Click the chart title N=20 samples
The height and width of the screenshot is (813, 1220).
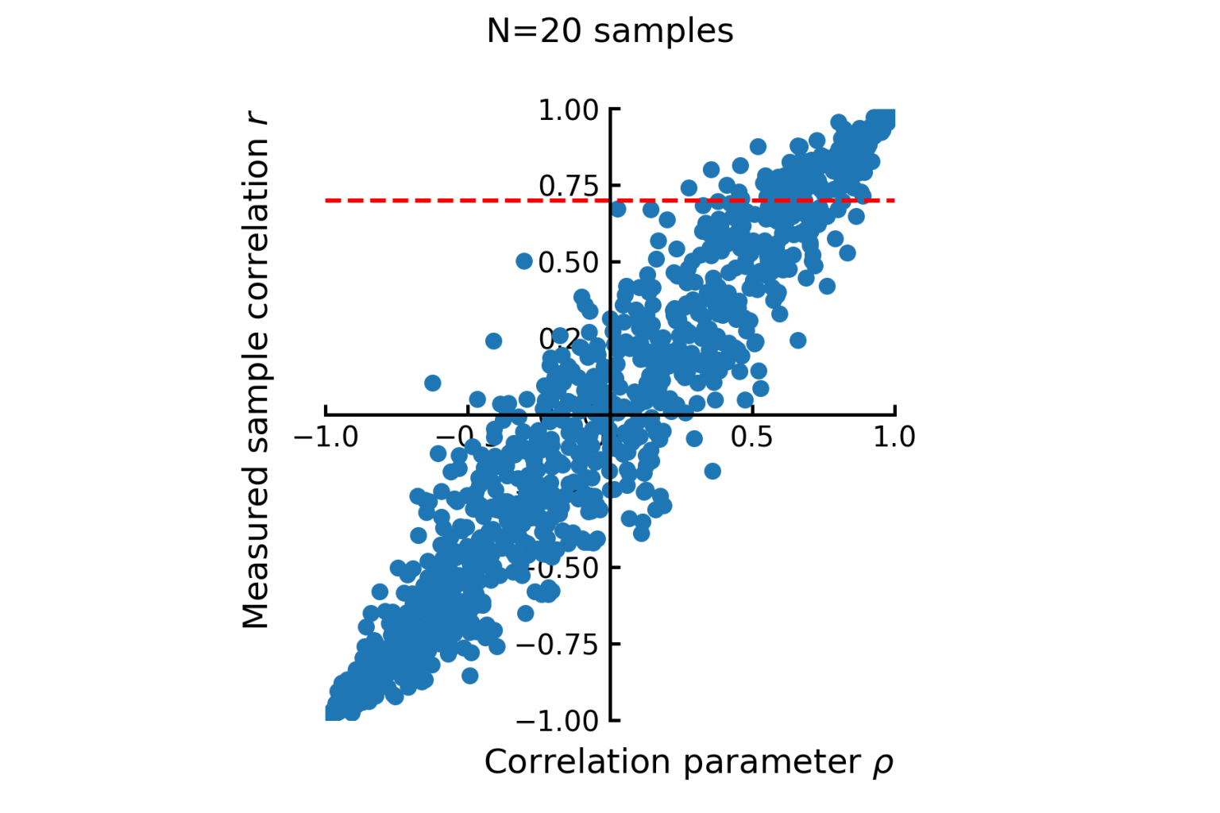coord(609,31)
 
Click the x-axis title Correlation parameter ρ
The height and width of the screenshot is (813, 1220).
coord(689,762)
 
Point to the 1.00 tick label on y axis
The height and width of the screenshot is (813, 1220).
coord(568,110)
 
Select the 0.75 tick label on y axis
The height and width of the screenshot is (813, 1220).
coord(568,186)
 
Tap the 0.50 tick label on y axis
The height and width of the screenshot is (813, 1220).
coord(569,262)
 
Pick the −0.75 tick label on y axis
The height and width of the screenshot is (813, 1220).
coord(558,644)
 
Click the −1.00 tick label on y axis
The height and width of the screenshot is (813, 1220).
coord(558,721)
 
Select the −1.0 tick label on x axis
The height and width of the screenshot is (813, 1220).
coord(326,437)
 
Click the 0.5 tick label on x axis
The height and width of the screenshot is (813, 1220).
coord(751,437)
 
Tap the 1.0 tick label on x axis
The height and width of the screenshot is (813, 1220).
coord(894,437)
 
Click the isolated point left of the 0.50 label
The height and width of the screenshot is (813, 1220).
coord(524,260)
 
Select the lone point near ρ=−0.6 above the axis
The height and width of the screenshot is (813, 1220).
coord(432,383)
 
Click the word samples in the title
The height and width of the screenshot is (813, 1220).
coord(663,31)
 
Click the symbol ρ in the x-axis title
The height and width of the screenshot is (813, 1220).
coord(882,764)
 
